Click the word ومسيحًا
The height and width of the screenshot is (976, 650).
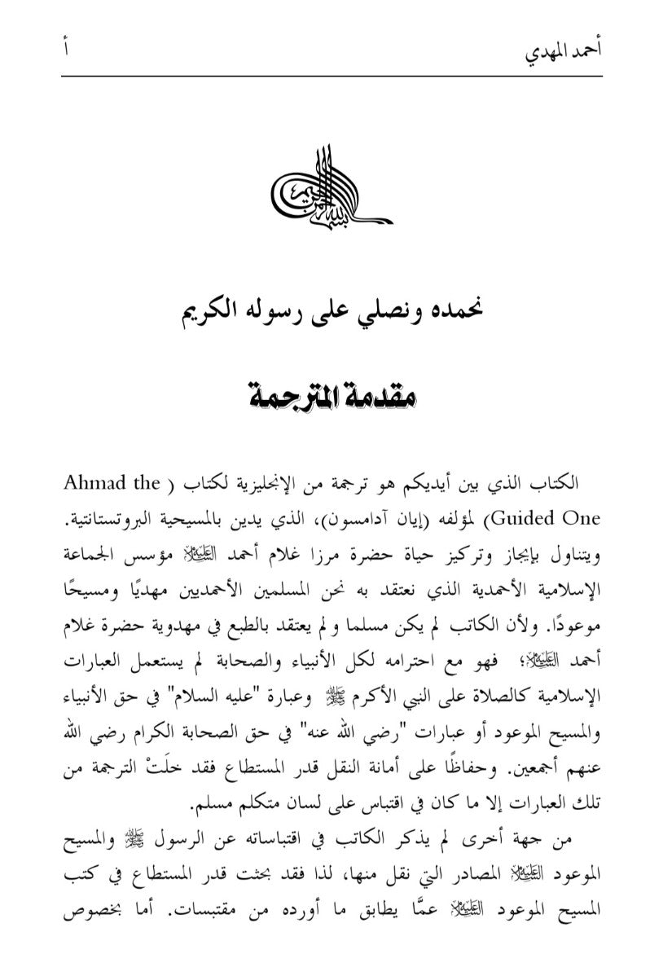(x=90, y=590)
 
